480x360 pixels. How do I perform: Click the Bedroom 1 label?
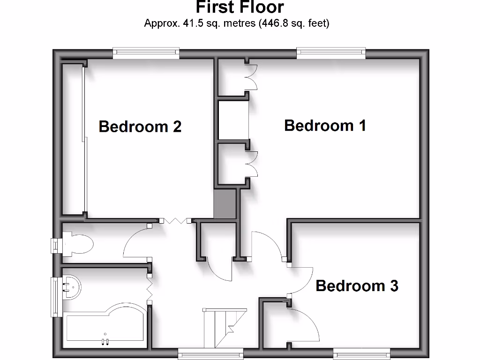[x=325, y=126]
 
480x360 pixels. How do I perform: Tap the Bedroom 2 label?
[x=140, y=127]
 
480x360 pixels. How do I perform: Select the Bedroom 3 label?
[x=357, y=285]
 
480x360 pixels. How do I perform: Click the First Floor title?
[x=240, y=7]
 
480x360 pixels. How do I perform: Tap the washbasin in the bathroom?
[x=71, y=286]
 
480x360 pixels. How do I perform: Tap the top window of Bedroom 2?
[x=146, y=52]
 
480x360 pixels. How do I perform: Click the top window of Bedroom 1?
[x=331, y=52]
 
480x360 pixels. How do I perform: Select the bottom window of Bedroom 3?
[x=361, y=354]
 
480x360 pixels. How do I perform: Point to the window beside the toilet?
[x=56, y=245]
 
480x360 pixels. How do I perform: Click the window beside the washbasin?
[x=56, y=297]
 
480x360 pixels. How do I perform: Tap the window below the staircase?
[x=204, y=354]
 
